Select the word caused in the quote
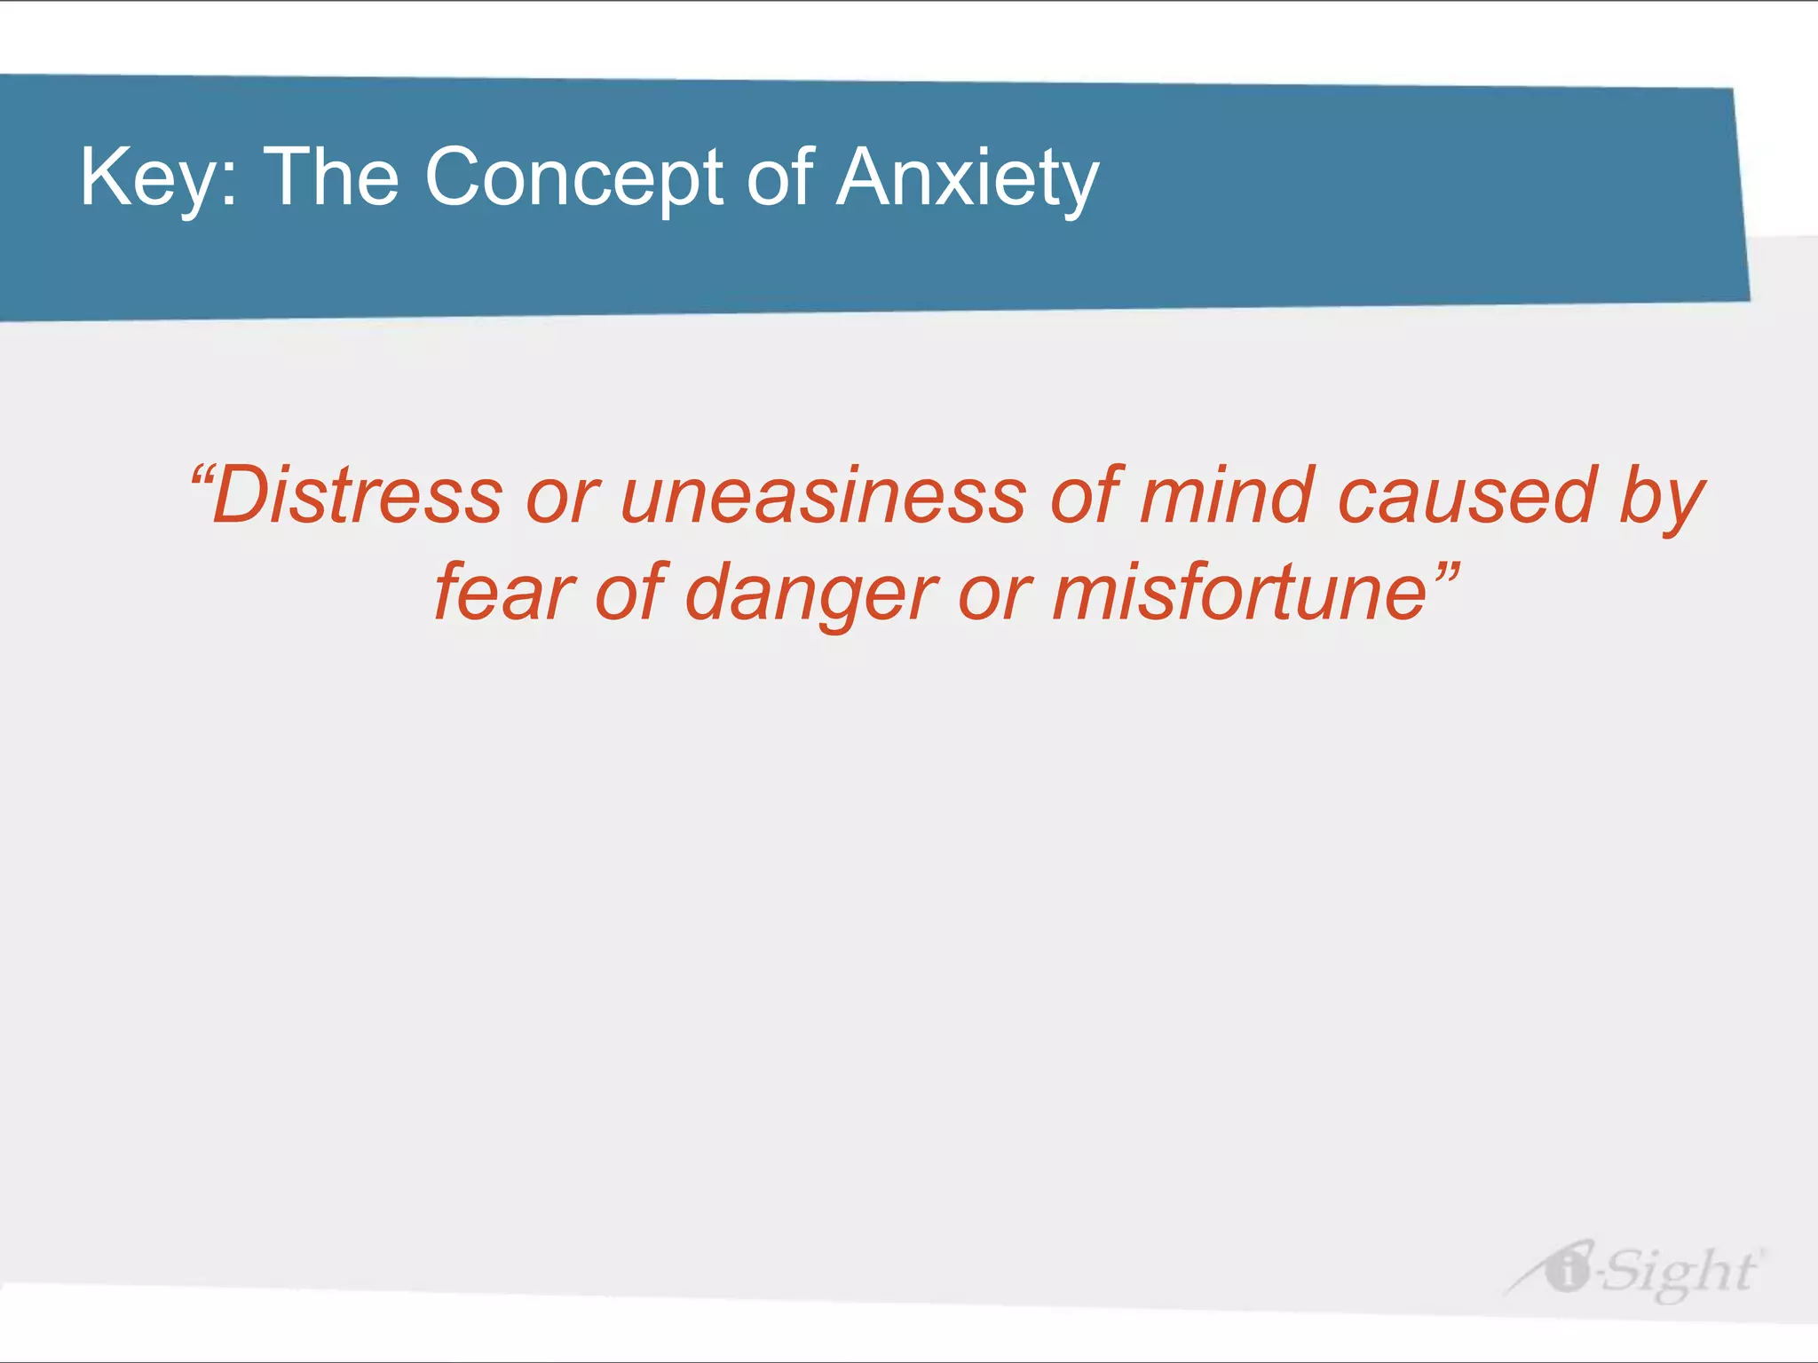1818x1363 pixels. pyautogui.click(x=1466, y=497)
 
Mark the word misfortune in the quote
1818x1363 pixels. pyautogui.click(x=1239, y=593)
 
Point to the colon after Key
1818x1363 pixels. pyautogui.click(x=229, y=186)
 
